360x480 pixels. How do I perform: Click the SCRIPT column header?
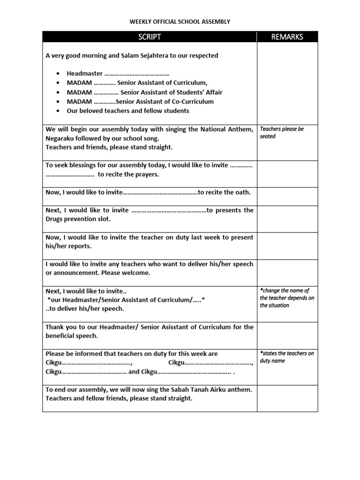(x=149, y=37)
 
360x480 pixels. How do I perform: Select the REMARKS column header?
(x=287, y=37)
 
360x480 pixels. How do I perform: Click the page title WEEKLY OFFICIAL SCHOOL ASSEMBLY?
(x=180, y=22)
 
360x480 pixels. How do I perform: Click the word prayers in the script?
(x=148, y=174)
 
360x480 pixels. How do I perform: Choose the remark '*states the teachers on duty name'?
(x=286, y=357)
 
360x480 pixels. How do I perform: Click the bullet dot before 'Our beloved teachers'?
(x=57, y=111)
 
